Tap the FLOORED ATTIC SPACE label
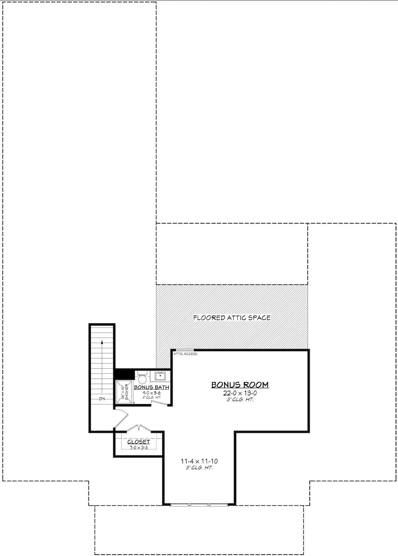pyautogui.click(x=232, y=318)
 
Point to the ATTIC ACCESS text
pyautogui.click(x=185, y=354)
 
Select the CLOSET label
pyautogui.click(x=139, y=442)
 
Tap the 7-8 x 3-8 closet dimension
pyautogui.click(x=139, y=448)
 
